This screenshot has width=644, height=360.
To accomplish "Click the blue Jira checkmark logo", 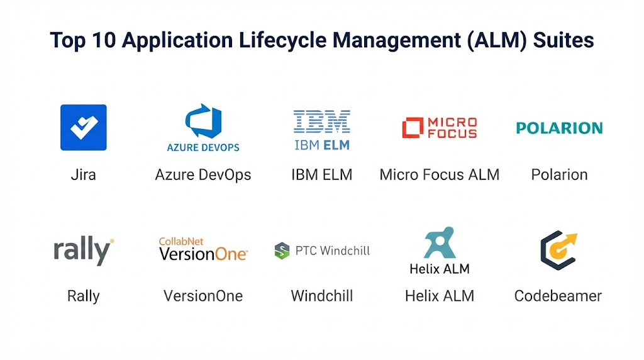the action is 84,127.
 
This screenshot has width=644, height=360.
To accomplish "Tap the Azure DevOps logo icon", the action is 203,121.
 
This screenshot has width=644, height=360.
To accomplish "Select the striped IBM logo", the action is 322,121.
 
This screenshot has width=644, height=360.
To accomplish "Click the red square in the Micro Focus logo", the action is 413,127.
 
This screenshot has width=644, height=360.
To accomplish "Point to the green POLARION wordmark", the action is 559,128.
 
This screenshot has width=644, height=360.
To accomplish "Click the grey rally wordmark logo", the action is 84,250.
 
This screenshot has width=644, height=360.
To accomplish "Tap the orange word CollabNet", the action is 181,241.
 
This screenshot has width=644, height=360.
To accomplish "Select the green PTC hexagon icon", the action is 282,250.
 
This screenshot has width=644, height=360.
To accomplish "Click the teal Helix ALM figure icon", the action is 440,242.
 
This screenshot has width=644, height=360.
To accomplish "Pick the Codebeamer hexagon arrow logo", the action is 558,250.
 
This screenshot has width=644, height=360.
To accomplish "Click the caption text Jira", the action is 84,175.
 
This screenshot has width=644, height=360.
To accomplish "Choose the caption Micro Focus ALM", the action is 440,175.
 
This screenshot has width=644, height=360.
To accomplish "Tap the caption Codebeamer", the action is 558,296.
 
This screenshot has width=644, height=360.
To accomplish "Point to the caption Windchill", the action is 322,296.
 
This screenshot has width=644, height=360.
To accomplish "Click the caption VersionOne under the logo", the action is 203,296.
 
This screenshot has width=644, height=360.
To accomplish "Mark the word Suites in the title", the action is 563,40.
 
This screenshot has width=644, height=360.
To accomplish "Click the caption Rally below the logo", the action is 84,296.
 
